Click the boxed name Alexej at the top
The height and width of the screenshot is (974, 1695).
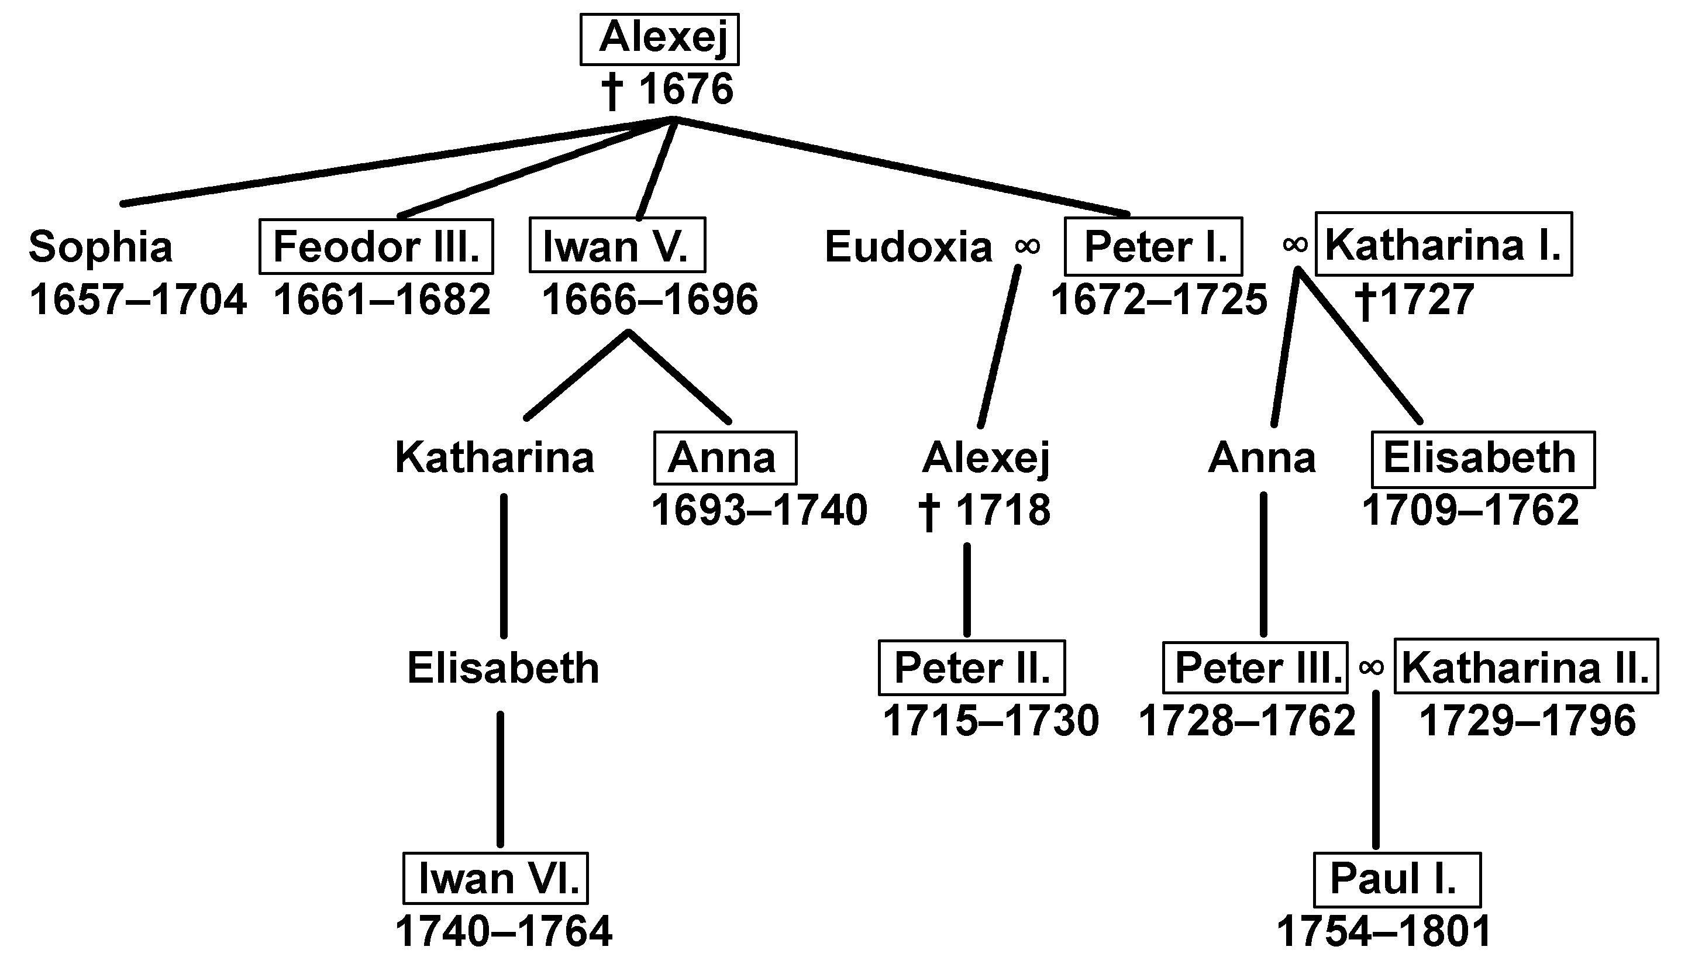click(659, 39)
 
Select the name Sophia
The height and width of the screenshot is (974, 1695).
click(100, 246)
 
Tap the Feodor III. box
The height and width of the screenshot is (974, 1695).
click(377, 246)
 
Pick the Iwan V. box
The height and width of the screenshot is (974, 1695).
click(616, 245)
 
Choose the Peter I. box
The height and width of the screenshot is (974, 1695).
click(1153, 246)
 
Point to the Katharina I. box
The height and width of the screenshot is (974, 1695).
click(1443, 244)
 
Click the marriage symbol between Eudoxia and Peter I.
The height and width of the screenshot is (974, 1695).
click(1027, 246)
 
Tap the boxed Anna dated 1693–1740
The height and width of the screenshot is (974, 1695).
click(725, 457)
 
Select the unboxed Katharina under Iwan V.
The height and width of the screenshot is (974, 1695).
click(495, 457)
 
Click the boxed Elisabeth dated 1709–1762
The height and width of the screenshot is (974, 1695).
click(1482, 459)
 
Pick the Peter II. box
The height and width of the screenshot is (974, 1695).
click(971, 667)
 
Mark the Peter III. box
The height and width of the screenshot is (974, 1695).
click(1255, 667)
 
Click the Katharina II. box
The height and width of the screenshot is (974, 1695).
click(1526, 666)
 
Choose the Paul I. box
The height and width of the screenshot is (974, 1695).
click(1397, 879)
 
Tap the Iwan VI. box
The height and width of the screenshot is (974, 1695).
click(495, 878)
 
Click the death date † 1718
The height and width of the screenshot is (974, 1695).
click(985, 511)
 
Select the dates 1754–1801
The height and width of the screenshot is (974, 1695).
click(1384, 931)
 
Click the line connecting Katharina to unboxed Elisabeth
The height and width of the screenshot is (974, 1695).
click(504, 565)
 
